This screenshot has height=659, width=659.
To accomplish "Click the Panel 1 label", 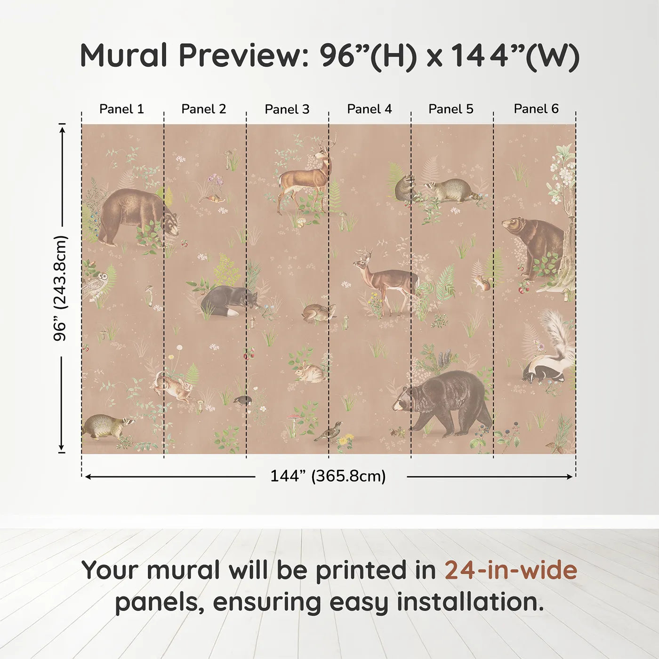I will pos(121,109).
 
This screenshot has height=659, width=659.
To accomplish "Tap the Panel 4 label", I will pos(369,109).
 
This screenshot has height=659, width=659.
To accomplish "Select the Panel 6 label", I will pos(536,109).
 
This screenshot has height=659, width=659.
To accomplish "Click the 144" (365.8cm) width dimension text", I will pos(328,476).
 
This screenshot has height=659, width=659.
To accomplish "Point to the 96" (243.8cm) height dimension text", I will pos(61,288).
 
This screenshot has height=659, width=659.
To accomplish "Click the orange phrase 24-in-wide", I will pos(511,570).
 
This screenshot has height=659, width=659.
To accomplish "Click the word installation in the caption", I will pos(469,602).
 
